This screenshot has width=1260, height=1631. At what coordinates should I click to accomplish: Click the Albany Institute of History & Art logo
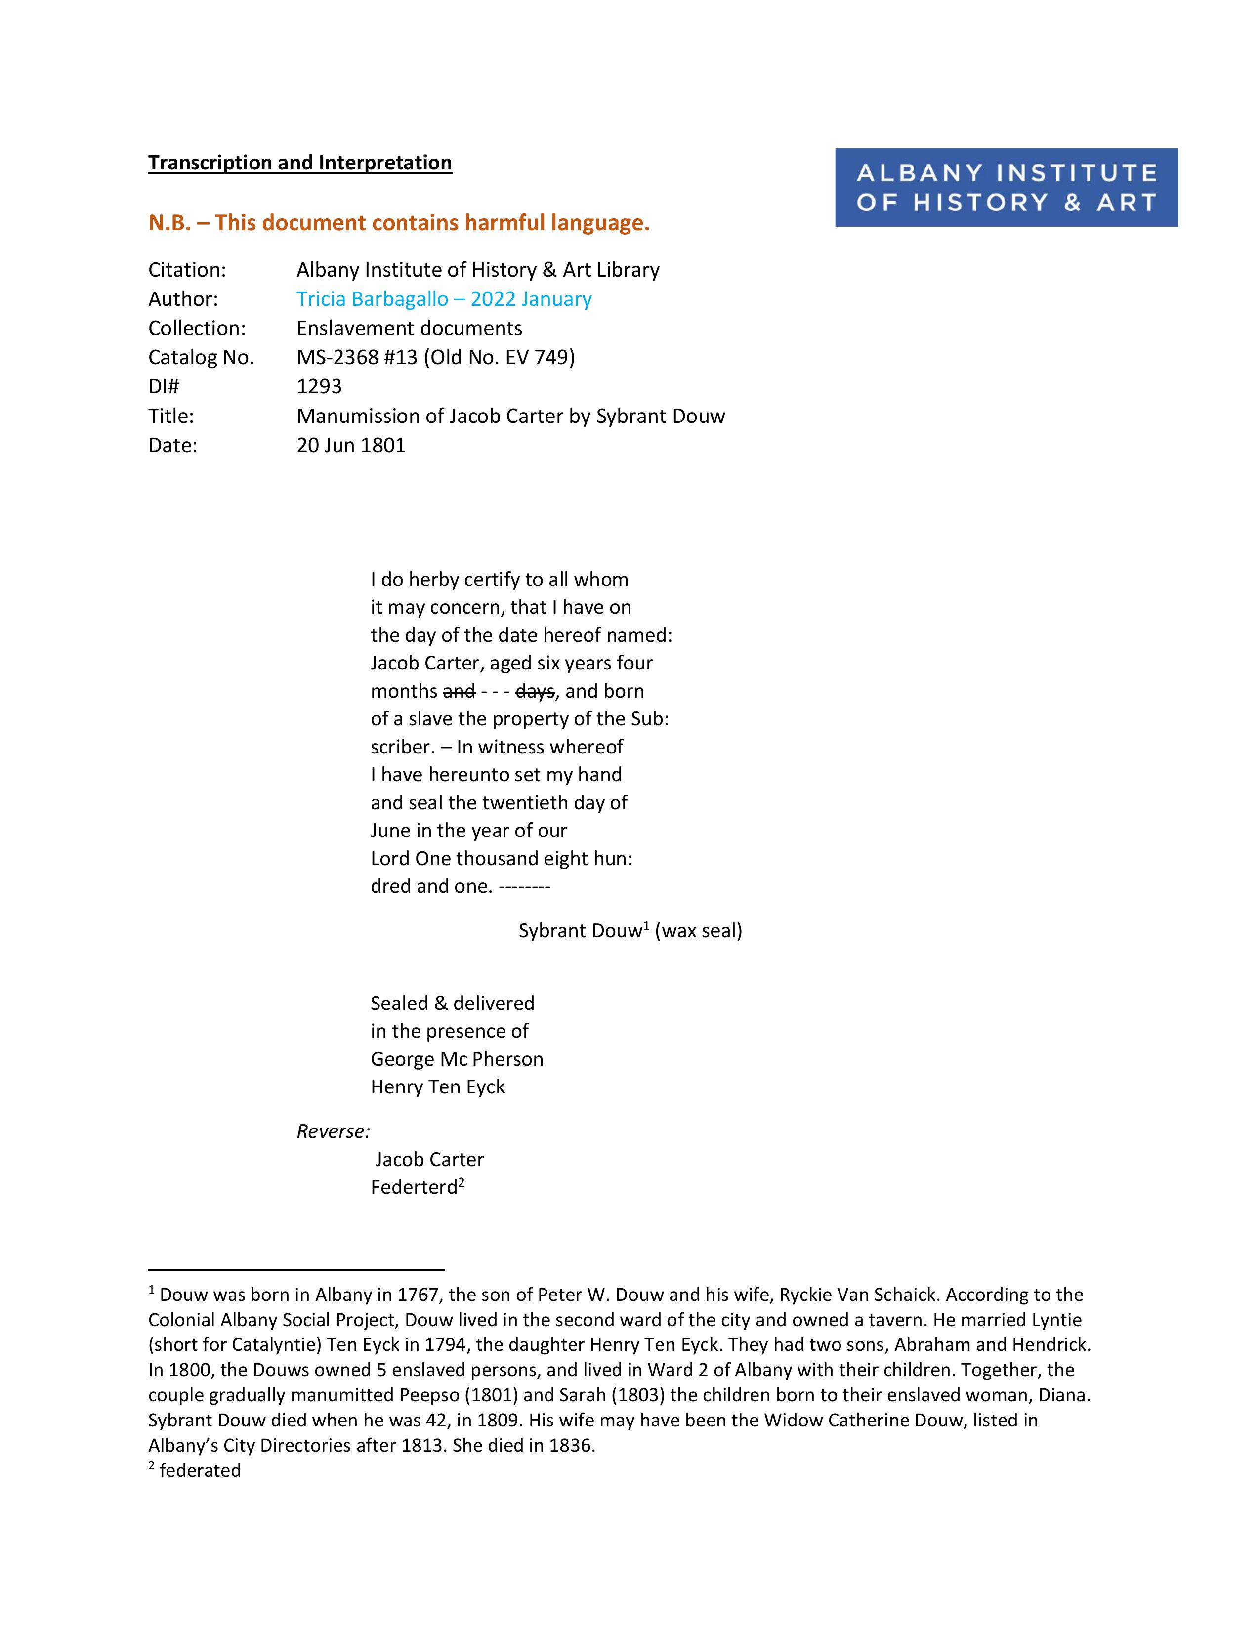[1006, 187]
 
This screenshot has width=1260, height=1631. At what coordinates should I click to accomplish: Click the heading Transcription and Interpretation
[299, 163]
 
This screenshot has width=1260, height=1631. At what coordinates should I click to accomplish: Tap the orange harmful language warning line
[399, 222]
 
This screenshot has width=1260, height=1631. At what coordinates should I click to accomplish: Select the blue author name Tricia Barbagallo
[371, 299]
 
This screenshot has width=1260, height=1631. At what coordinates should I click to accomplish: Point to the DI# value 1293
[319, 386]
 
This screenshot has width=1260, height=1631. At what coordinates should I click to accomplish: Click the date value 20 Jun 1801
[350, 445]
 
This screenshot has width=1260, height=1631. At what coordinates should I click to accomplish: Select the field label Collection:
[197, 328]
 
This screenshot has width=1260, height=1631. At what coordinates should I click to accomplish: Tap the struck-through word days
[535, 692]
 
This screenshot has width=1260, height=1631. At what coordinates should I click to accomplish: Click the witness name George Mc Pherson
[457, 1059]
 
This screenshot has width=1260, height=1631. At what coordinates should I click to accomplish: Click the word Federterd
[414, 1187]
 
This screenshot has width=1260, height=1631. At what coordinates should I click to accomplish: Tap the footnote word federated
[200, 1470]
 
